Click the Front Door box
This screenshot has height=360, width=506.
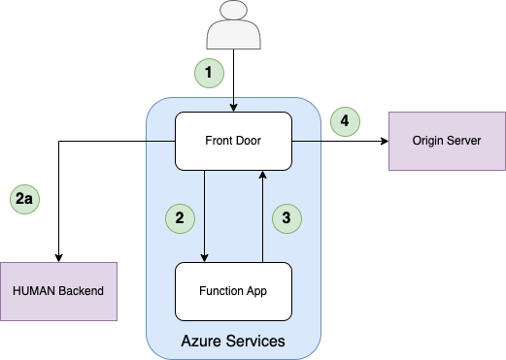[233, 141]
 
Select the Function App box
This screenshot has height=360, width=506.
[233, 291]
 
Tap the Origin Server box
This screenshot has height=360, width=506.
[447, 141]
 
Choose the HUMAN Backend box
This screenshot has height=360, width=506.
[58, 291]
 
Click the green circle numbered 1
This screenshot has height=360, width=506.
[209, 73]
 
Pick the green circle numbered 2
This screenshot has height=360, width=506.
[180, 218]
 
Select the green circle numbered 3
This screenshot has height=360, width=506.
[287, 218]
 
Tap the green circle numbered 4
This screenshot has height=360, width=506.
[345, 121]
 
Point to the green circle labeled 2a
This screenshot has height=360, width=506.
[24, 199]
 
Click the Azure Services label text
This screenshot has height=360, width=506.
[233, 341]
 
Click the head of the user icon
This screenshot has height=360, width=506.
[233, 10]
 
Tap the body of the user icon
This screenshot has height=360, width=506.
[233, 35]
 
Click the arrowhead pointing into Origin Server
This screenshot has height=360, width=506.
[385, 141]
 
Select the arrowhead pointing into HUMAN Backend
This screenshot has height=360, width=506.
[58, 258]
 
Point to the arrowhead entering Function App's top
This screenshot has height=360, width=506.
[204, 258]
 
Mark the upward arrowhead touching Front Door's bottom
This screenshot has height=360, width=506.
[262, 175]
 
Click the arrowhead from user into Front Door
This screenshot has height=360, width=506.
[233, 108]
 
